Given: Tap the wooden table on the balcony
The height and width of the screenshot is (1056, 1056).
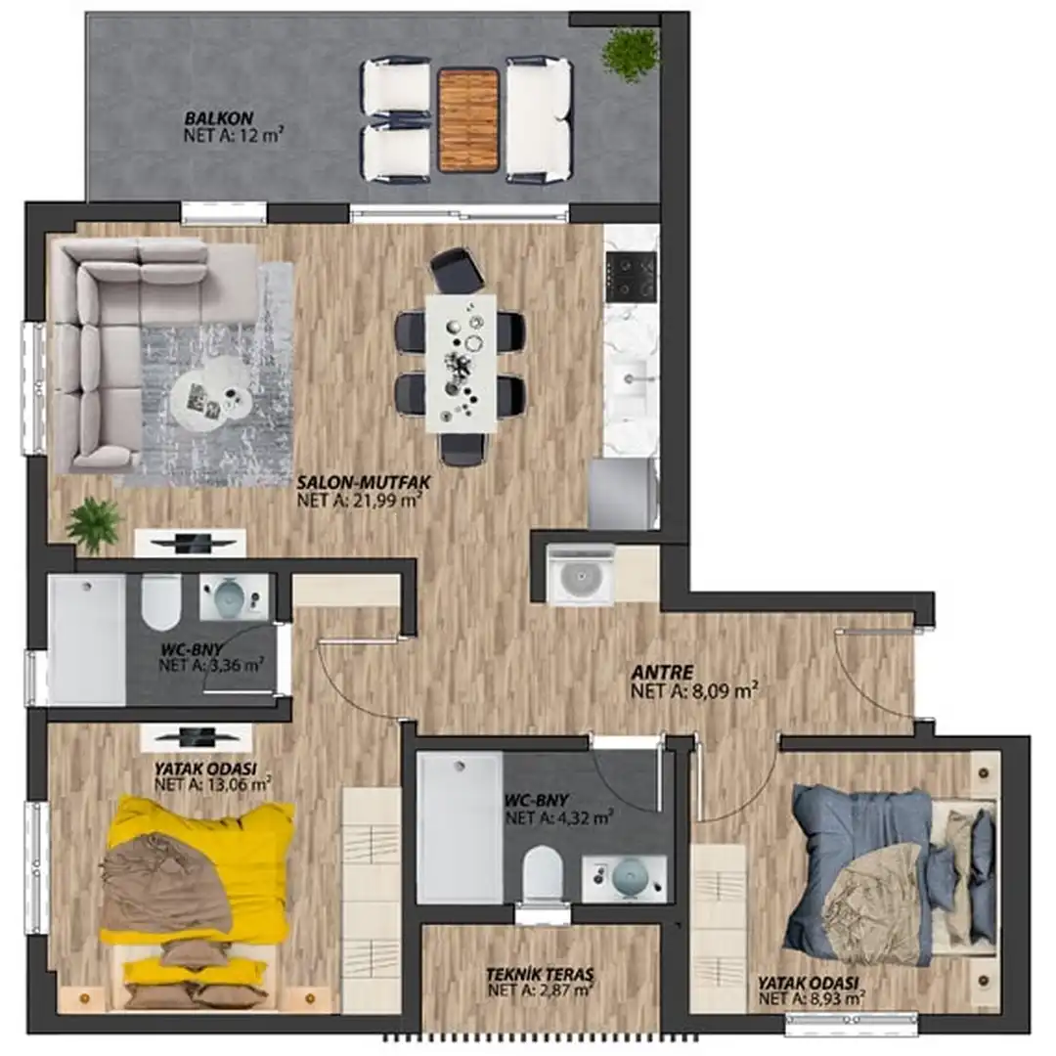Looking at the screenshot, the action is [468, 119].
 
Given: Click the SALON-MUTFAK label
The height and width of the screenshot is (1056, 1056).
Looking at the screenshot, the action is [364, 482].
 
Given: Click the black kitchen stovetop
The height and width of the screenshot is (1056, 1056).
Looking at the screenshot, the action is [631, 276].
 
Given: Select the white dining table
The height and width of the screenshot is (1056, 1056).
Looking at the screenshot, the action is [462, 363].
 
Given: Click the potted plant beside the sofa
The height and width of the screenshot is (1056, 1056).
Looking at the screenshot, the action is [94, 525].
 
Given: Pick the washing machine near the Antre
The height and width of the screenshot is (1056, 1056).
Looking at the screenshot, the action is [580, 574].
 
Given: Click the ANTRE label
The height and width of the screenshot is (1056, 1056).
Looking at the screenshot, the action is [662, 672].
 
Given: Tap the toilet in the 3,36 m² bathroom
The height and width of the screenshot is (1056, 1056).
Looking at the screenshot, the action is [161, 599].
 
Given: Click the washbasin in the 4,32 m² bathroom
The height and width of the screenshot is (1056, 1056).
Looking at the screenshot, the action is [624, 879].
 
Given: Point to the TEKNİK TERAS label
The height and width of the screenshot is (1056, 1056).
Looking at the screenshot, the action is [540, 975].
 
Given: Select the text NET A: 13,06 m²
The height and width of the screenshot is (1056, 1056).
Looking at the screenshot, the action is [213, 784].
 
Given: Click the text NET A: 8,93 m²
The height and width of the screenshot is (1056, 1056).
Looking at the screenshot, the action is [812, 998].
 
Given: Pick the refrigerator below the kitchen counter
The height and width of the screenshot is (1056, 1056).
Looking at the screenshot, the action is [623, 493].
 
